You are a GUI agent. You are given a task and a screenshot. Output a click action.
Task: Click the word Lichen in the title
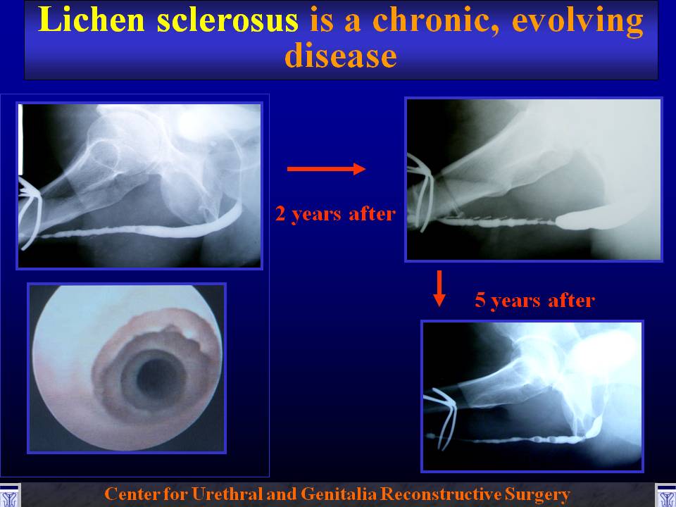pyautogui.click(x=92, y=20)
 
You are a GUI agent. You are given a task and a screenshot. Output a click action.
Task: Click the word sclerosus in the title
pyautogui.click(x=227, y=20)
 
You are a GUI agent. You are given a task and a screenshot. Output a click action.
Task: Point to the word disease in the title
pyautogui.click(x=341, y=56)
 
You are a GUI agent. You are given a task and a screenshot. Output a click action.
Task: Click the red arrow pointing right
pyautogui.click(x=326, y=168)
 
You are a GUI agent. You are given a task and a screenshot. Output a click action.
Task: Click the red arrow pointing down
pyautogui.click(x=439, y=289)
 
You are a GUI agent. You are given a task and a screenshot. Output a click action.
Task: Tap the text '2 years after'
pyautogui.click(x=335, y=214)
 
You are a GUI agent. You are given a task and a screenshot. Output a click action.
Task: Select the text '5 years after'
pyautogui.click(x=534, y=300)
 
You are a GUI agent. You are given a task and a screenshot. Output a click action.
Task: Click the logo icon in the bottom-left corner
pyautogui.click(x=10, y=495)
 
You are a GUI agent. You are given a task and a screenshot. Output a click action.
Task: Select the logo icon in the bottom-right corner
pyautogui.click(x=665, y=495)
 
